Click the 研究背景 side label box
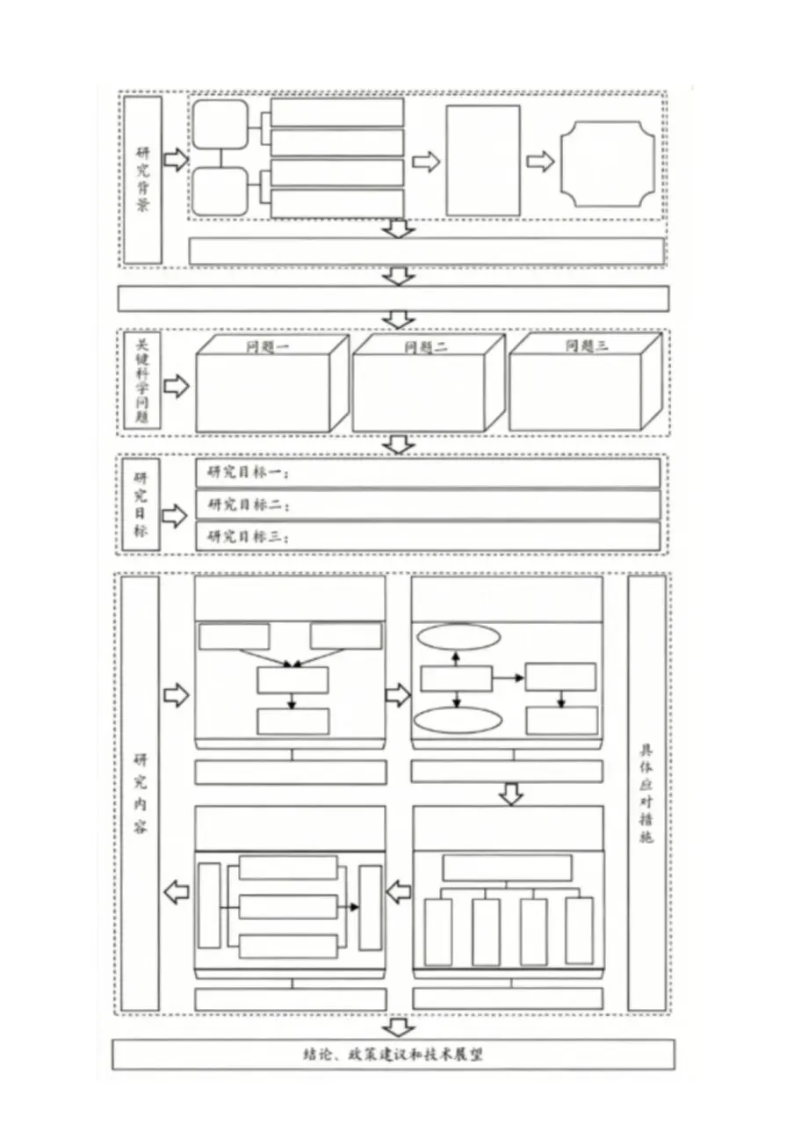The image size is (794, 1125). coord(142,180)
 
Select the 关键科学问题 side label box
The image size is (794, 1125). coord(141,381)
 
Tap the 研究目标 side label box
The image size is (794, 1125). coord(141,504)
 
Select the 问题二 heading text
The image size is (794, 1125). coord(426,346)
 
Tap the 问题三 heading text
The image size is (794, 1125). coord(586,345)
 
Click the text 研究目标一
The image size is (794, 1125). coord(248,473)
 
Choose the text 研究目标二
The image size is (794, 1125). coord(248,505)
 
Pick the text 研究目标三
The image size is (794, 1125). coord(248,537)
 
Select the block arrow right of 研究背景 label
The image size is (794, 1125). coord(176,160)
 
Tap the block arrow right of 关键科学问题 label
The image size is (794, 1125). coord(177,386)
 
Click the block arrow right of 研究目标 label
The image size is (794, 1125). coord(176,516)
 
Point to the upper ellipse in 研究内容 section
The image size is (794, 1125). coord(457,636)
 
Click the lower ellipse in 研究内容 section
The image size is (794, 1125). coord(457,720)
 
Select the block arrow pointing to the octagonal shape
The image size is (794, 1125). coord(540,161)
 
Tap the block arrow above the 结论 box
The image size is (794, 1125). coord(400,1027)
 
